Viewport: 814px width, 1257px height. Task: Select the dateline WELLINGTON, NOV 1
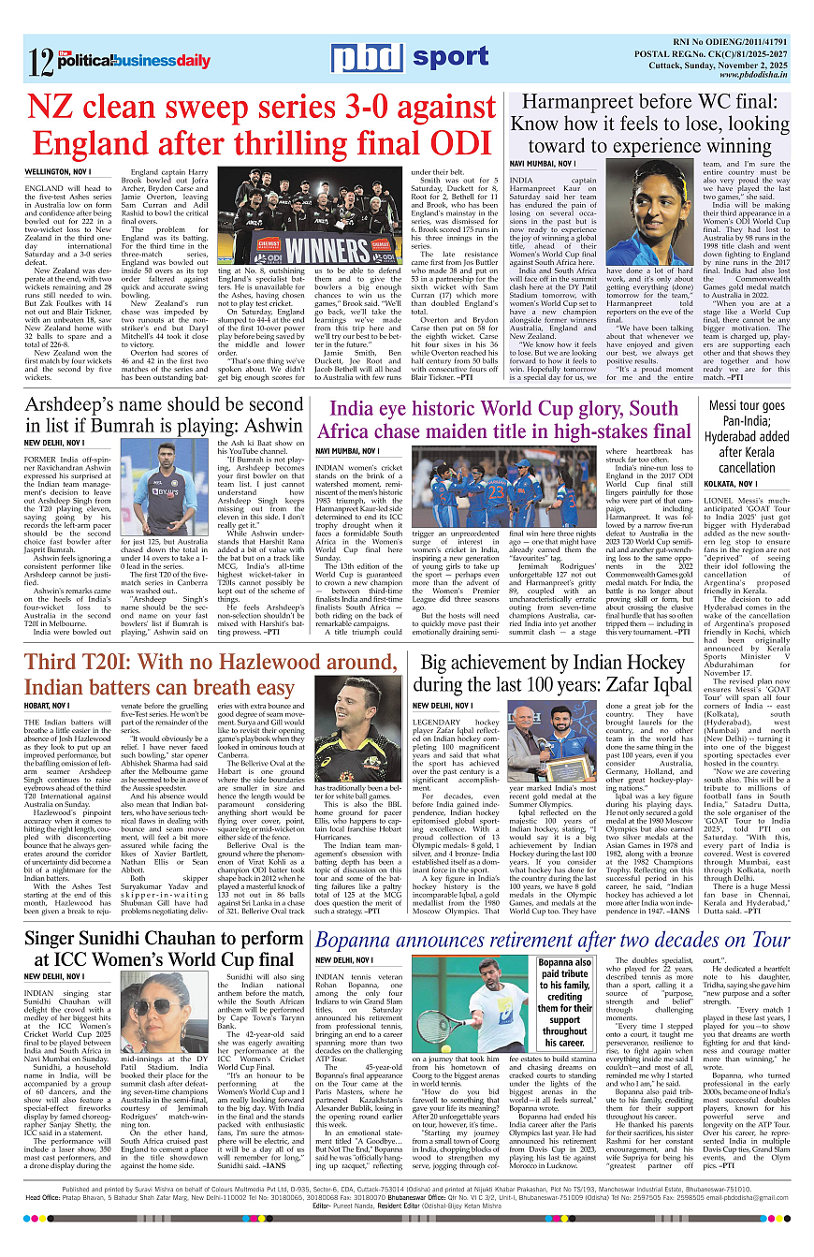click(x=57, y=173)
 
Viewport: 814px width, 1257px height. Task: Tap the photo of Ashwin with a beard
click(x=165, y=490)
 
